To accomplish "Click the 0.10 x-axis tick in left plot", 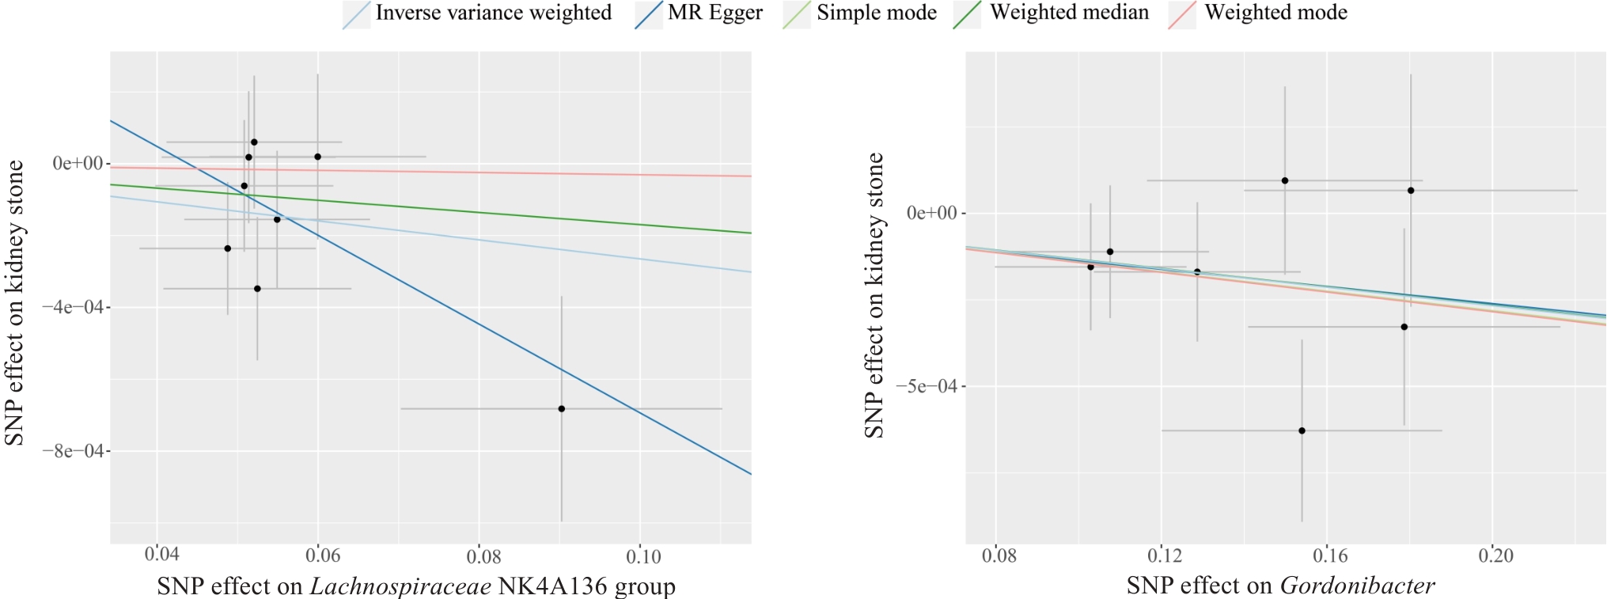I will (642, 556).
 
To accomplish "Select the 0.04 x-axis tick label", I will (161, 555).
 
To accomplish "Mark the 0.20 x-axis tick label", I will (1495, 555).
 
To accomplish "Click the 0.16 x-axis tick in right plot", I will (1330, 555).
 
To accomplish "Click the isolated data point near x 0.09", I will (561, 409).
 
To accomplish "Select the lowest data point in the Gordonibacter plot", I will (1302, 431).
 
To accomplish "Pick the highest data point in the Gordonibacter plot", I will (1285, 181).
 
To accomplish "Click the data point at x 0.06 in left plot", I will (318, 157).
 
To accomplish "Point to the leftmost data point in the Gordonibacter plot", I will (1090, 267).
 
